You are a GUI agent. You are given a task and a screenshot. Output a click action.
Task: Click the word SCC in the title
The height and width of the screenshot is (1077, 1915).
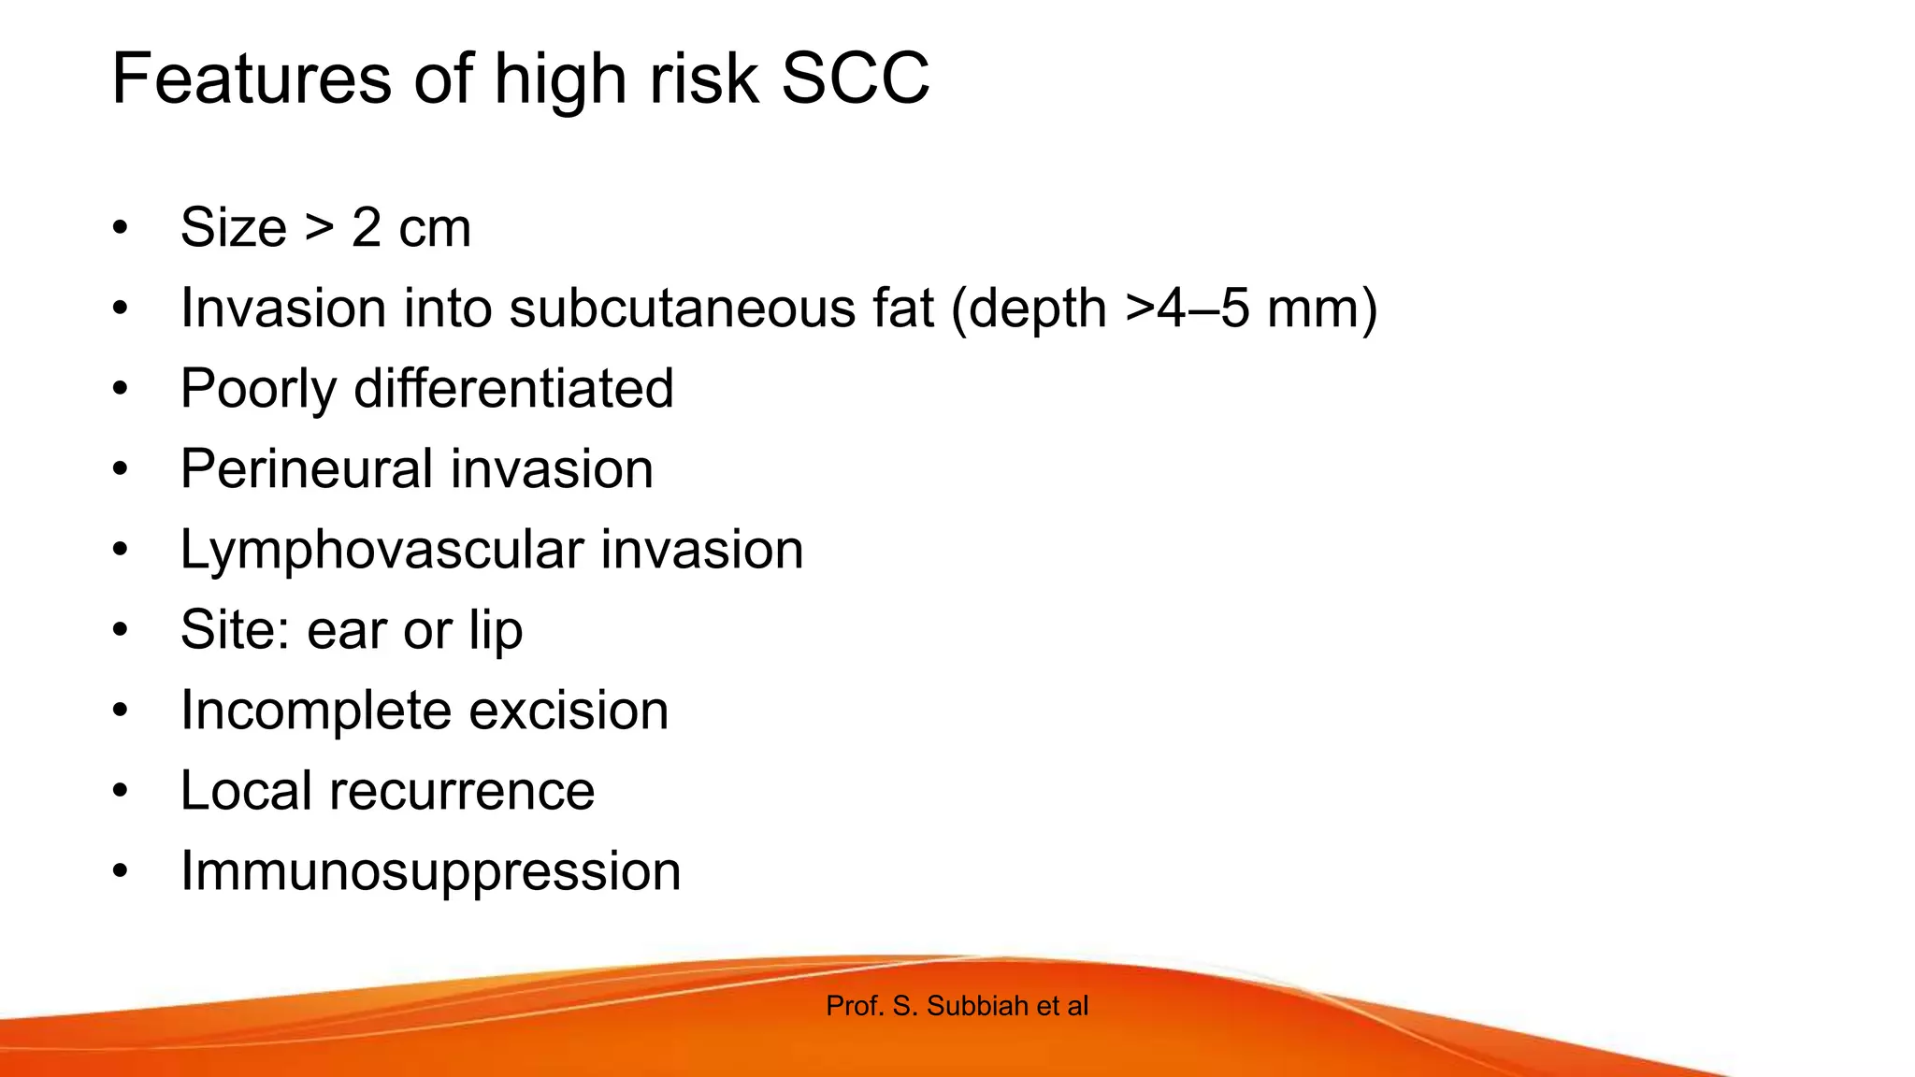point(855,79)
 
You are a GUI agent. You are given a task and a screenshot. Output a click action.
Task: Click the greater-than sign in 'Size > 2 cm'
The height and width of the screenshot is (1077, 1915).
point(319,228)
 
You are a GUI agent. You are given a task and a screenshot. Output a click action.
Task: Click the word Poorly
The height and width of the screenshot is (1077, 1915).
point(258,390)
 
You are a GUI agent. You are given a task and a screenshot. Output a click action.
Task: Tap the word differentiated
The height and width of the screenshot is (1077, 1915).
point(513,389)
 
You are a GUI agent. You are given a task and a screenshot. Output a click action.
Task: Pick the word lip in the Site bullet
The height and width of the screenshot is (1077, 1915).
point(496,631)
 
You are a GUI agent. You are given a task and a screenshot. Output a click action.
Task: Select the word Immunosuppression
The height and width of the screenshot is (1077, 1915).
point(430,872)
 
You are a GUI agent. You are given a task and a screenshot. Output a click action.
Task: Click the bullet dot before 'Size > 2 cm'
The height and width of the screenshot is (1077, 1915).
point(120,228)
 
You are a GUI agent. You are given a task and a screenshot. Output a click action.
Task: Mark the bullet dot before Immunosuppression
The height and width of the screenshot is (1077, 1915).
point(120,871)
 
